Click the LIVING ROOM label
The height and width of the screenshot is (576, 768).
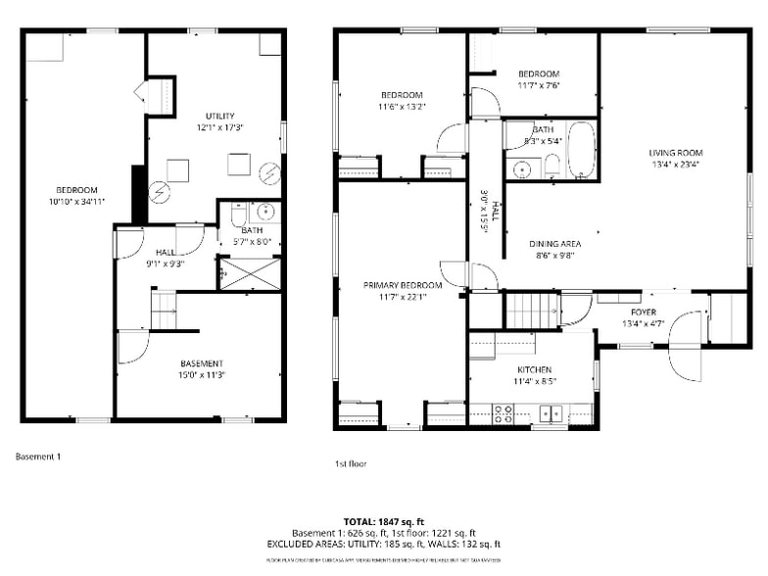(676, 153)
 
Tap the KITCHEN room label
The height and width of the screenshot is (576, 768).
(532, 369)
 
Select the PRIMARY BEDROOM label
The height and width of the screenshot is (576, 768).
(403, 285)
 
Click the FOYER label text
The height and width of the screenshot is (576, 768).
(643, 312)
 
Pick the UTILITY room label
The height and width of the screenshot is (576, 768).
(219, 117)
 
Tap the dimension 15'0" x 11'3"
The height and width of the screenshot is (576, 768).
(201, 374)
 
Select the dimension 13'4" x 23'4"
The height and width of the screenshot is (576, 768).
(676, 165)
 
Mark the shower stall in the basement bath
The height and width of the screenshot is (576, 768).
(250, 273)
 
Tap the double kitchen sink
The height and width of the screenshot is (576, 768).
(551, 413)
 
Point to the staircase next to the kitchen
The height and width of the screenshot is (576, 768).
(531, 310)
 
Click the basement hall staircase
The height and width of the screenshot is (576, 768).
(164, 310)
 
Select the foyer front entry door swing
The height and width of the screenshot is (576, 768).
(687, 348)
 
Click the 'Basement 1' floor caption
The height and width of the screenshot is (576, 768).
(38, 456)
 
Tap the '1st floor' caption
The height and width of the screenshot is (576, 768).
(350, 463)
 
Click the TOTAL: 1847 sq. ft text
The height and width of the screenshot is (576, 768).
(383, 521)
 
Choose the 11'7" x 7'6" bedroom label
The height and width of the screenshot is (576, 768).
(538, 79)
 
